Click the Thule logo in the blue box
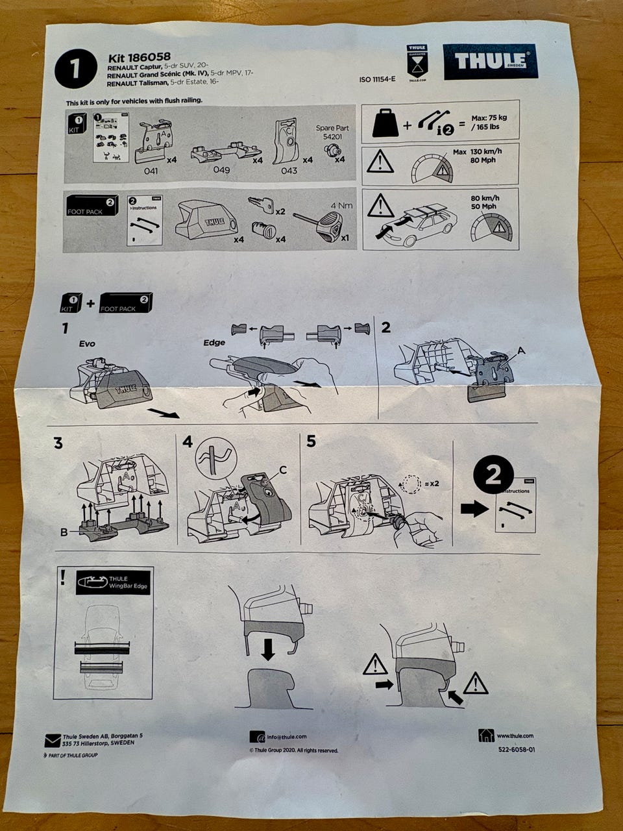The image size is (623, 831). pos(491,62)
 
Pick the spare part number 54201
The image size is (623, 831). pos(332,137)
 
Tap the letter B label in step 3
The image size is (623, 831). pos(64,532)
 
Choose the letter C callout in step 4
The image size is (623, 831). pos(282,469)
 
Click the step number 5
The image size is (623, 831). pos(311,441)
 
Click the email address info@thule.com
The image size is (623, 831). pos(286,737)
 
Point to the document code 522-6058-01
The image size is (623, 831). pos(516,749)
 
